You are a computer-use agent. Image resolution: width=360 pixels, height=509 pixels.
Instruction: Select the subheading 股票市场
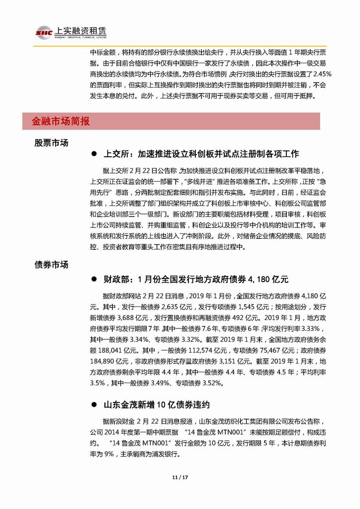51,143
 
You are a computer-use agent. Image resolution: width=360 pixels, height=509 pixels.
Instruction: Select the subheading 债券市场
51,265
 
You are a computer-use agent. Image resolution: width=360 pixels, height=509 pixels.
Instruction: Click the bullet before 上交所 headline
93,153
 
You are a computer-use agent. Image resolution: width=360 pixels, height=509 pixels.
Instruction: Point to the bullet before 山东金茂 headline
93,405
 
